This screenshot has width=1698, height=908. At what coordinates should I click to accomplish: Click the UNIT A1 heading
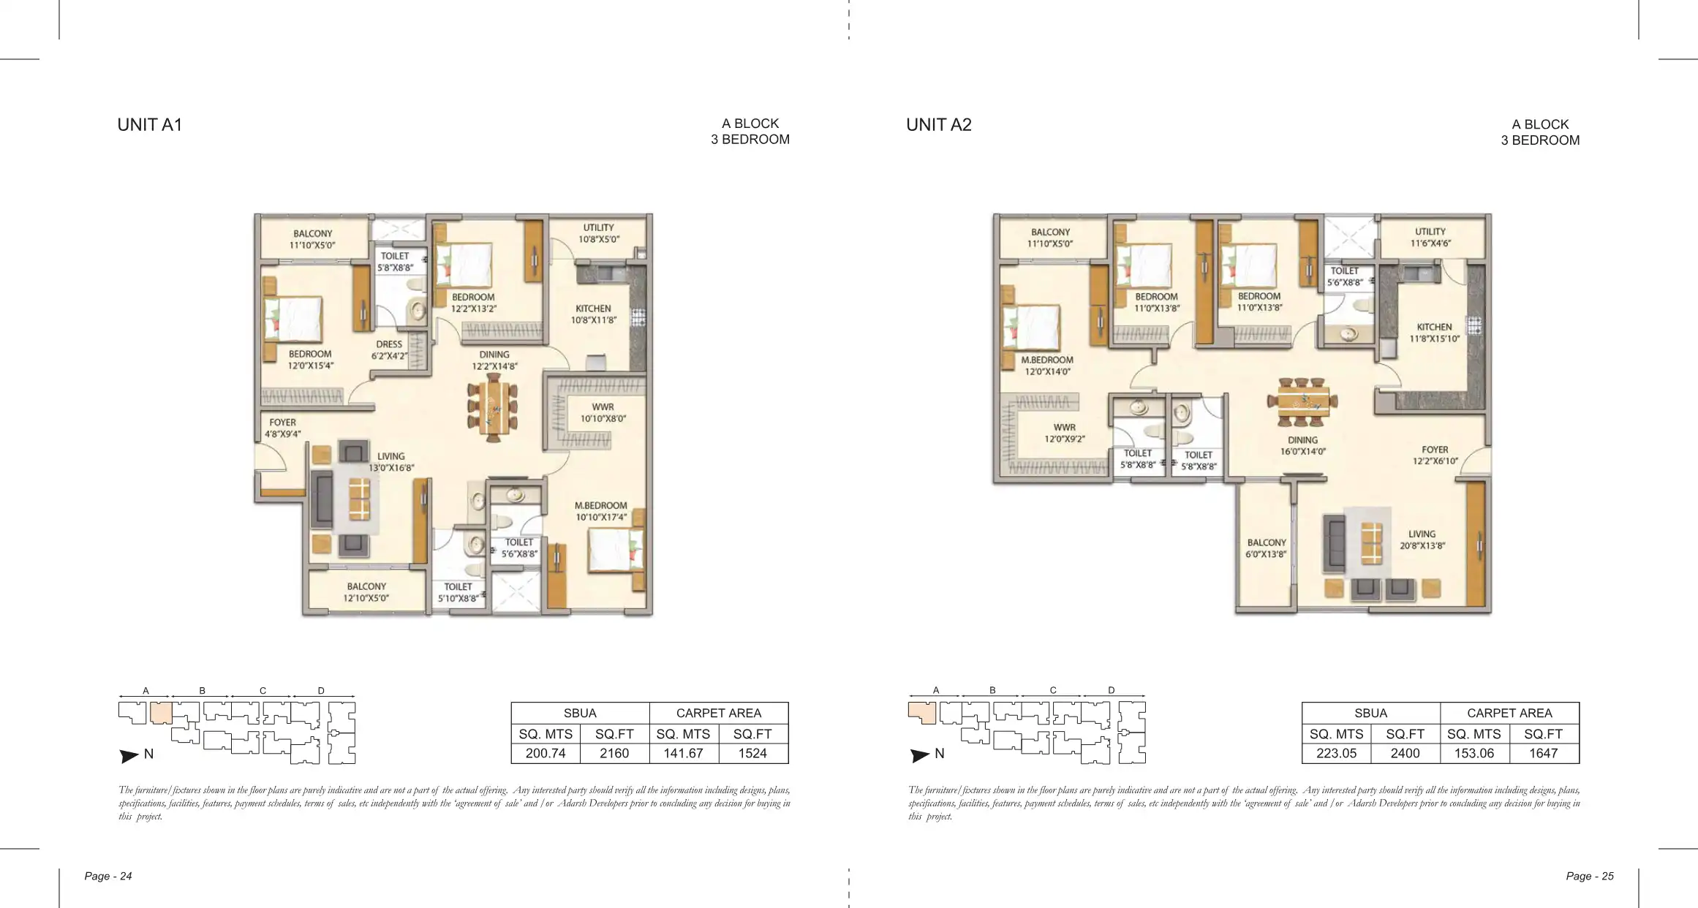pyautogui.click(x=149, y=125)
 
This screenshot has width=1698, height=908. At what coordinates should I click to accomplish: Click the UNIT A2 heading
pyautogui.click(x=939, y=125)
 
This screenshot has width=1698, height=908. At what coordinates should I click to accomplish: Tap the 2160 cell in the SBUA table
pyautogui.click(x=614, y=753)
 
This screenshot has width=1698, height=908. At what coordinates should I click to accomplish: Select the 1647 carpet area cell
pyautogui.click(x=1544, y=753)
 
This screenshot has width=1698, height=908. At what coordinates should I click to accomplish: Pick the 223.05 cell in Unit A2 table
pyautogui.click(x=1336, y=753)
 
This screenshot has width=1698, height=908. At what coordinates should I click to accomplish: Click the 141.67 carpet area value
pyautogui.click(x=683, y=753)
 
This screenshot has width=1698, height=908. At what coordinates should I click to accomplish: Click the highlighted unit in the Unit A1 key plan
pyautogui.click(x=161, y=712)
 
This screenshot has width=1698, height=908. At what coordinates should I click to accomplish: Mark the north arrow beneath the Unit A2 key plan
pyautogui.click(x=920, y=755)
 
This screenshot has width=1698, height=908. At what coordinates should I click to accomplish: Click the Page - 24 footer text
pyautogui.click(x=108, y=876)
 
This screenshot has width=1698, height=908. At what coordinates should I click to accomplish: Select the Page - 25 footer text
pyautogui.click(x=1590, y=876)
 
